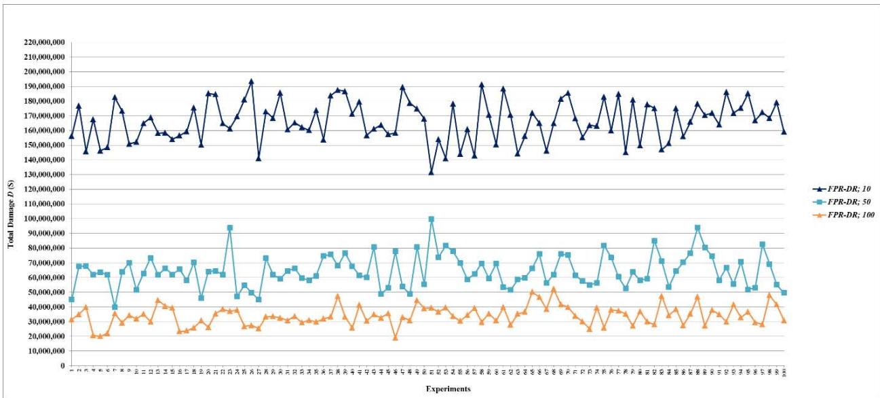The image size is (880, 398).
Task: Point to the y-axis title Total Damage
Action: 11,204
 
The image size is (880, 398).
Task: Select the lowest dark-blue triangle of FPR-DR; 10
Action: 431,173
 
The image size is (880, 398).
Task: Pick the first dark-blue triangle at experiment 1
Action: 71,136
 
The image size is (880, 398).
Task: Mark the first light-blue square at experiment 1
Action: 71,300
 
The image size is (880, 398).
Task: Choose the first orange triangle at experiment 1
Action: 71,320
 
